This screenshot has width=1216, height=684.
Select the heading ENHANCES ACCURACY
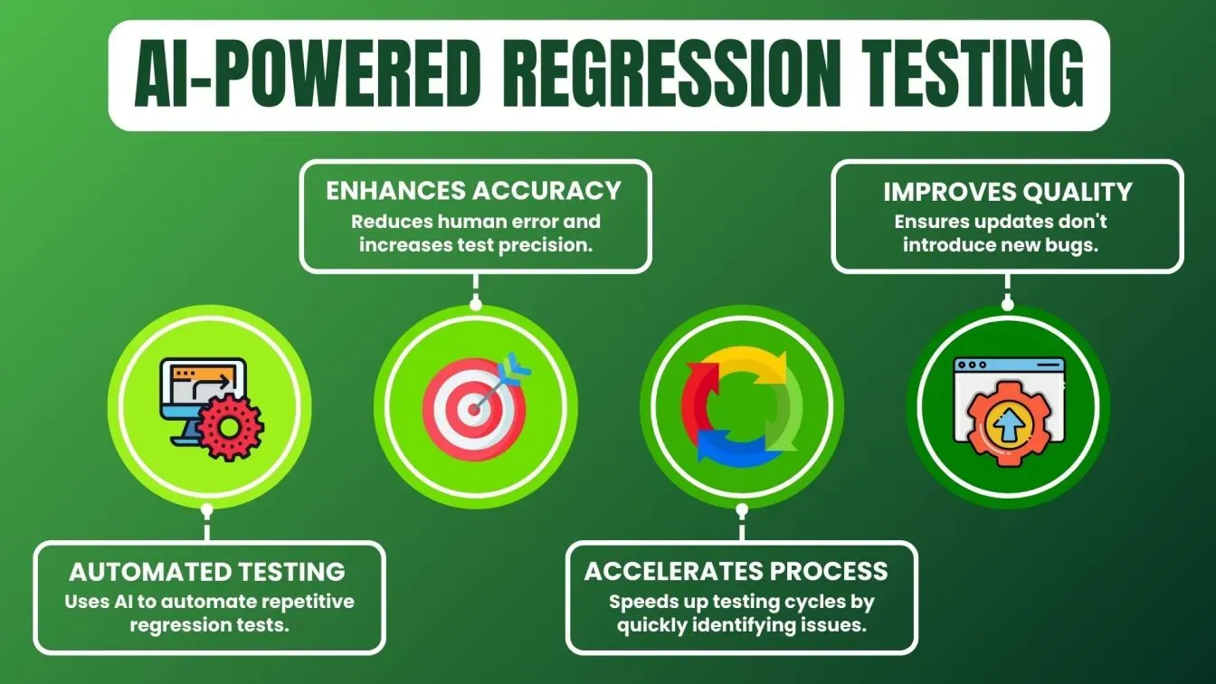coord(474,191)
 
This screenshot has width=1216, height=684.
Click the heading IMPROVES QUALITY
coord(1007,192)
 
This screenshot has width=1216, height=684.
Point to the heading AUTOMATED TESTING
coord(207,572)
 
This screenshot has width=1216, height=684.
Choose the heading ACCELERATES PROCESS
coord(736,571)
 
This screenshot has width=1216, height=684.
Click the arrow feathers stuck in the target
coord(518,366)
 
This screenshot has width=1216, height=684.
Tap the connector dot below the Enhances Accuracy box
coord(476,305)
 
